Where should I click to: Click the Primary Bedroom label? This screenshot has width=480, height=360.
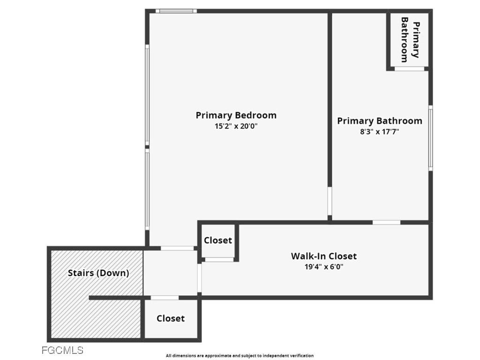pyautogui.click(x=236, y=115)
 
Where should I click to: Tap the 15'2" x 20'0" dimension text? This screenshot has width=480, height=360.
pyautogui.click(x=236, y=126)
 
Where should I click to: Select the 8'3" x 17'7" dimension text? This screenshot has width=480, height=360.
pyautogui.click(x=379, y=132)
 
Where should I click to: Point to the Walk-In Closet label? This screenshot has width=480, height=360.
pyautogui.click(x=323, y=256)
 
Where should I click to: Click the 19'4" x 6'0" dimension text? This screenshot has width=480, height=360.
pyautogui.click(x=323, y=267)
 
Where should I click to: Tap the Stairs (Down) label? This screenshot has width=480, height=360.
pyautogui.click(x=98, y=273)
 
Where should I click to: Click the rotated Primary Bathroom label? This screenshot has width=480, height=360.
pyautogui.click(x=410, y=40)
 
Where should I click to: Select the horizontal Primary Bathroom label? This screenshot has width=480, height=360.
pyautogui.click(x=379, y=121)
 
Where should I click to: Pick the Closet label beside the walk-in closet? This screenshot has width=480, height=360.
pyautogui.click(x=218, y=240)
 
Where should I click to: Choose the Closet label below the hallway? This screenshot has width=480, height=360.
pyautogui.click(x=171, y=319)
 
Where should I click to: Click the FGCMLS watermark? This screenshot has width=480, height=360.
pyautogui.click(x=62, y=350)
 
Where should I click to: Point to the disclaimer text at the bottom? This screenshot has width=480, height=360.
pyautogui.click(x=240, y=356)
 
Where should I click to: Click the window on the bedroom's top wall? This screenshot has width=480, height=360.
pyautogui.click(x=176, y=11)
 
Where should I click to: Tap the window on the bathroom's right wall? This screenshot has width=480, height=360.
pyautogui.click(x=430, y=137)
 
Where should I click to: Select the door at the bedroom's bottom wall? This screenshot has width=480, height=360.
pyautogui.click(x=177, y=248)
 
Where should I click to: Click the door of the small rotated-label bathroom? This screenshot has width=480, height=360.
pyautogui.click(x=409, y=69)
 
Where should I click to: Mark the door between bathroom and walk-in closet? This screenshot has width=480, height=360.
pyautogui.click(x=386, y=222)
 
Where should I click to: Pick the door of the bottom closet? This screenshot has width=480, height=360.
pyautogui.click(x=165, y=298)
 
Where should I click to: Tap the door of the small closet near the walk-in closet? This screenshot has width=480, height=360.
pyautogui.click(x=219, y=259)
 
